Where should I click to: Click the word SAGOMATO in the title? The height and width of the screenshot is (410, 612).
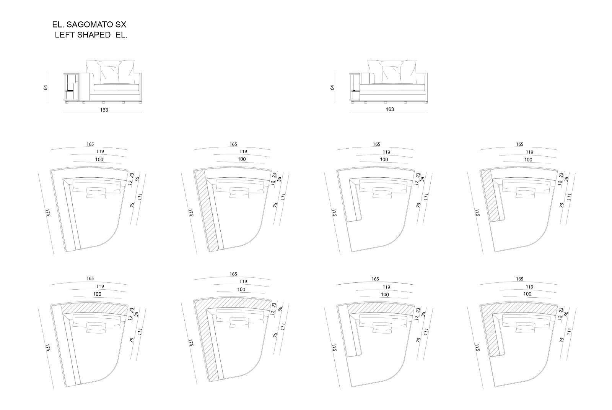[x=89, y=25]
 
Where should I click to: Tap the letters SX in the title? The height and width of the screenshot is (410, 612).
[x=121, y=25]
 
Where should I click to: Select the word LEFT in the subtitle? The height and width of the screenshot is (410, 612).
[x=65, y=35]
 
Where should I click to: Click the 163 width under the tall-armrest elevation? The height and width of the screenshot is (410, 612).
[x=104, y=110]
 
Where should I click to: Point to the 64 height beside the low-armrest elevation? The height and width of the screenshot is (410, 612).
[x=332, y=88]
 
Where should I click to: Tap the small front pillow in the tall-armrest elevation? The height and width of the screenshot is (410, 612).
[x=110, y=74]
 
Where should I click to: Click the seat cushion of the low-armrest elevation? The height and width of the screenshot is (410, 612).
[x=392, y=88]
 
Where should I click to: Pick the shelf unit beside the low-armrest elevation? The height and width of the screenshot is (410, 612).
[x=355, y=88]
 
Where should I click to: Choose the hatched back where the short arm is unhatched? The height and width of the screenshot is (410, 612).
[x=382, y=310]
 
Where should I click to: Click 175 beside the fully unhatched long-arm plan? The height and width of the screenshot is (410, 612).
[x=48, y=213]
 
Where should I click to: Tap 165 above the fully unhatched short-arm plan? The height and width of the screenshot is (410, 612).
[x=376, y=144]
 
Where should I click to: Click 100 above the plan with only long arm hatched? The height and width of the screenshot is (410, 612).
[x=241, y=159]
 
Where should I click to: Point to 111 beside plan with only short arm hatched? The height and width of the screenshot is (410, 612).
[x=569, y=197]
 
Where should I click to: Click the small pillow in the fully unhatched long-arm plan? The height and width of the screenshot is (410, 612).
[x=96, y=193]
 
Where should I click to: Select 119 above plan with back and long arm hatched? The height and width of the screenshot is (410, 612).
[x=243, y=282]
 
